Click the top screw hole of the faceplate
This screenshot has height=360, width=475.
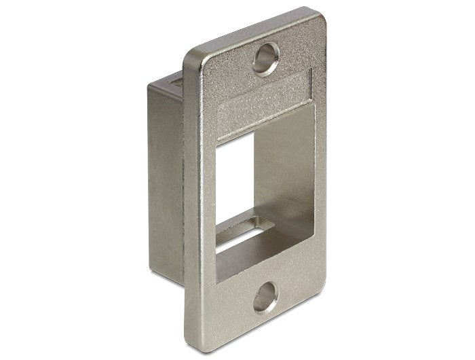tap(265, 58)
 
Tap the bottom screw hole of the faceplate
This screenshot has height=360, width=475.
tap(265, 297)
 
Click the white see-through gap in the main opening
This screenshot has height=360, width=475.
tap(233, 177)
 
